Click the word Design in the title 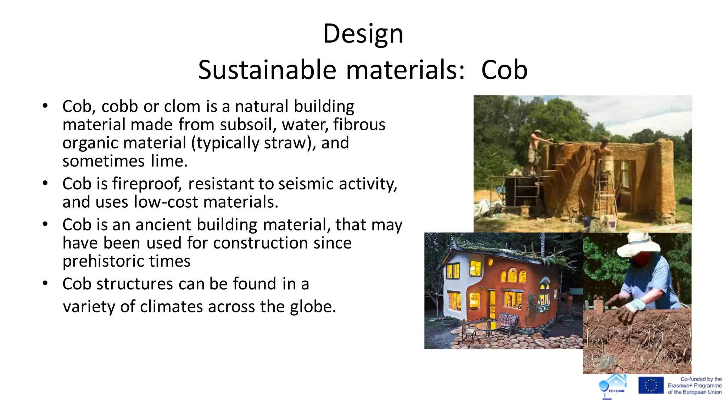[x=363, y=34]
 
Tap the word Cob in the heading [x=504, y=70]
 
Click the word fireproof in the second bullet [x=146, y=184]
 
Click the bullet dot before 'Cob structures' [x=45, y=284]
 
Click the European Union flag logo [x=651, y=385]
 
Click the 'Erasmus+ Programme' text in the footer [x=694, y=386]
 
